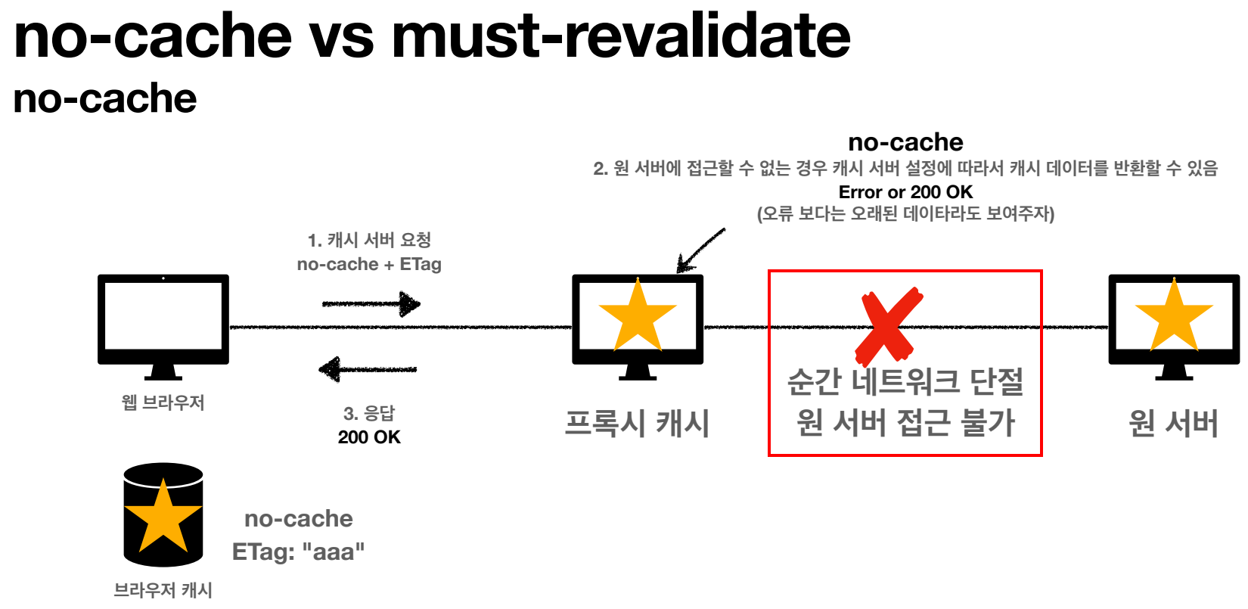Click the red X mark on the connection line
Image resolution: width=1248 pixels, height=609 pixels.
(x=888, y=325)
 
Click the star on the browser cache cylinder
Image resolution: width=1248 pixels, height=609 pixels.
(x=163, y=517)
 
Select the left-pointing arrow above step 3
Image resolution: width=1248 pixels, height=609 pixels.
(x=368, y=369)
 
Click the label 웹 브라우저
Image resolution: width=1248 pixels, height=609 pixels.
(x=163, y=402)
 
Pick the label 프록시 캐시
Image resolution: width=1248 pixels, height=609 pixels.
(x=637, y=423)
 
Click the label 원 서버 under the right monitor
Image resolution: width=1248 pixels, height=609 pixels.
(x=1173, y=423)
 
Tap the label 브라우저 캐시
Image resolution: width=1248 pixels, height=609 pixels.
(x=163, y=590)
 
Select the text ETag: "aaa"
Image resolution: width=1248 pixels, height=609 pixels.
(x=298, y=552)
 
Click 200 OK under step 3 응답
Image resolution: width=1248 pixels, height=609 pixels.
(x=369, y=437)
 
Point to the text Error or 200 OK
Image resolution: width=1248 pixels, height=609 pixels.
(x=905, y=192)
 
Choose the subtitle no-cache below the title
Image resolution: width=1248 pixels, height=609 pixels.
(x=105, y=98)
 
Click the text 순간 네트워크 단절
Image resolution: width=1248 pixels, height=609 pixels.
(x=905, y=381)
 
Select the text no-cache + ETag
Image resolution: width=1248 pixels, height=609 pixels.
(x=369, y=264)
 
